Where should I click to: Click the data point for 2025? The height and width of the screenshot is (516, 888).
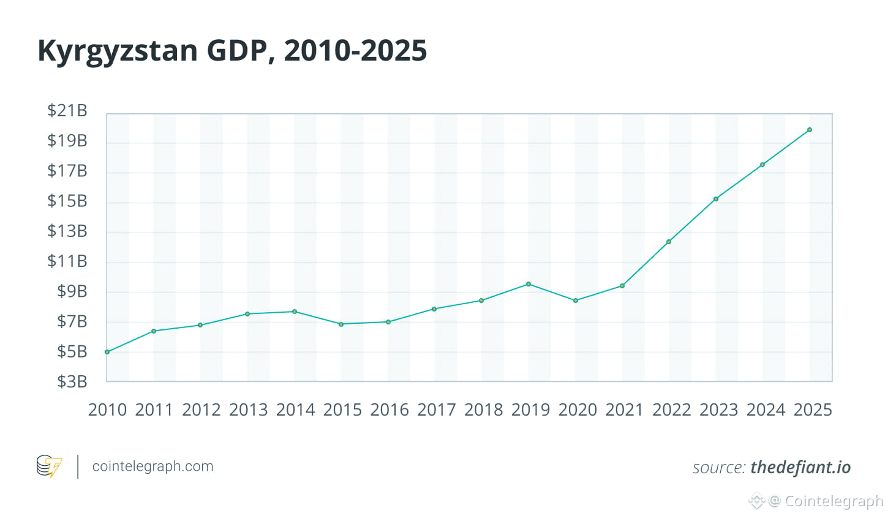[809, 130]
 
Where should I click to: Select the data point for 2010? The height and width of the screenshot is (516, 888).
[107, 352]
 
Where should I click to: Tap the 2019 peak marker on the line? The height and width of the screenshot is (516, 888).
[529, 284]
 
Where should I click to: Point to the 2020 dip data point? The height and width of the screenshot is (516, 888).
[576, 301]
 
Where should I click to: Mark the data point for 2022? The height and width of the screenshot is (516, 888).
[669, 242]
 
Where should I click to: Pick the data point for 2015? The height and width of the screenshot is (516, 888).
[341, 324]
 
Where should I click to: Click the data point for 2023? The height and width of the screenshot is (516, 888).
[716, 199]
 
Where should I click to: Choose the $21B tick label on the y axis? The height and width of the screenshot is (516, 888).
[67, 111]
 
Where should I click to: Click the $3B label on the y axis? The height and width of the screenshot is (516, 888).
[72, 382]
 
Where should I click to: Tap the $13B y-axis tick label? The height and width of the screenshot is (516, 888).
[67, 231]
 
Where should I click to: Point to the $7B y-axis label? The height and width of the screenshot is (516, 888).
[72, 321]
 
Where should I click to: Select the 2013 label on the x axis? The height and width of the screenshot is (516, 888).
[248, 410]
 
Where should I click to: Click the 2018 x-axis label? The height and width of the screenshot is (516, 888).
[483, 410]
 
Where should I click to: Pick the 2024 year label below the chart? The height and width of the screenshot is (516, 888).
[766, 410]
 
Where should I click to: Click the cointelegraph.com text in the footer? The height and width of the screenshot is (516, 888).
[152, 466]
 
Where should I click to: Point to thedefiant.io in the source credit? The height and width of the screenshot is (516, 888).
[800, 468]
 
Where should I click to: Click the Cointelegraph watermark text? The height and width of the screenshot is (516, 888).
[833, 501]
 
